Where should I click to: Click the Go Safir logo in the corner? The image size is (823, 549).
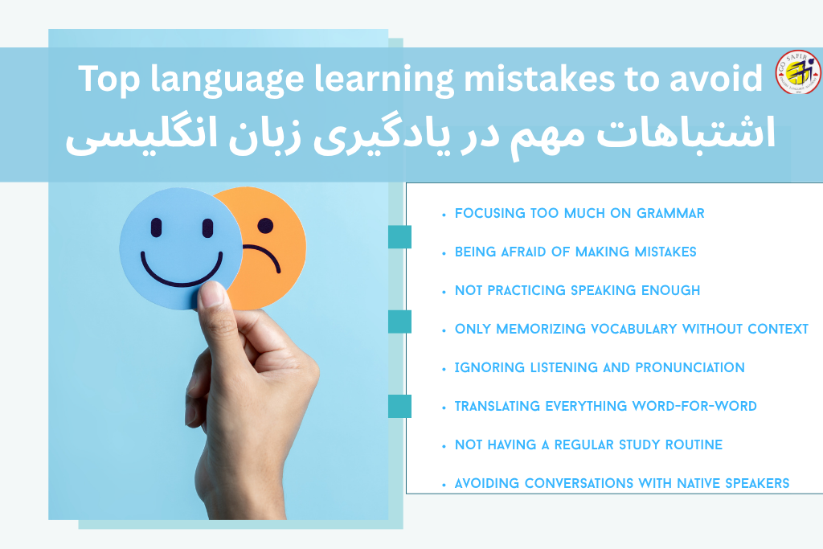pos(798,72)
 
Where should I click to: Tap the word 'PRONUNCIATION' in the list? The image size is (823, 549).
pos(690,368)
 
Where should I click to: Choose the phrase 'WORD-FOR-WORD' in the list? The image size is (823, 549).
pos(694,407)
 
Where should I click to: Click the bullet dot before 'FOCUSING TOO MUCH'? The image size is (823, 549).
pos(444,215)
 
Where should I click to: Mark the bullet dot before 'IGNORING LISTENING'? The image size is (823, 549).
pos(444,369)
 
